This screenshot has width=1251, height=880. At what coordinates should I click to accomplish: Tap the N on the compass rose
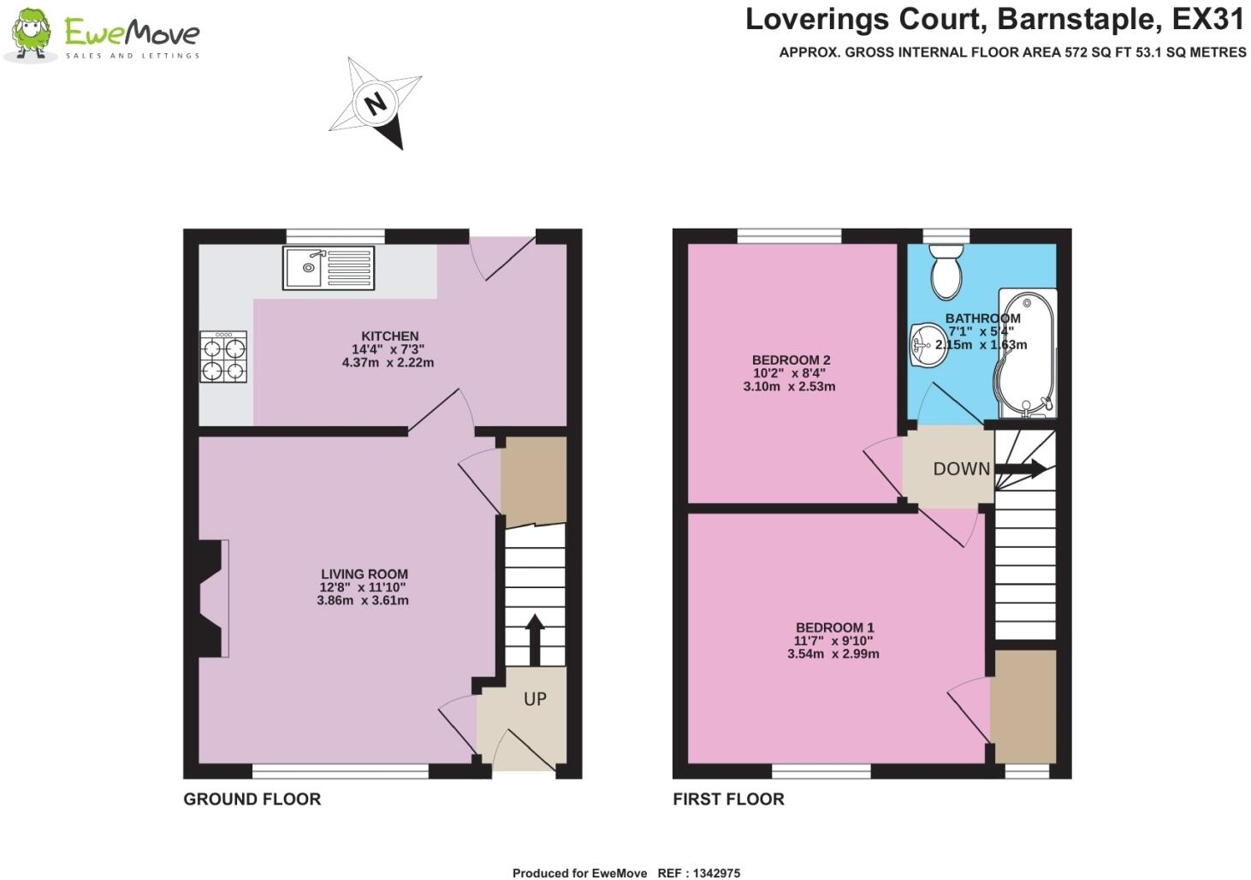click(x=375, y=104)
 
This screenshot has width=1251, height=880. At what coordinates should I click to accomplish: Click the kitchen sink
click(x=329, y=267)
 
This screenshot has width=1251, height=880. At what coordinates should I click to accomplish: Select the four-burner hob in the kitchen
click(x=223, y=357)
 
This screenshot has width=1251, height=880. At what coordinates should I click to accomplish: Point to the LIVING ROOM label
click(x=364, y=574)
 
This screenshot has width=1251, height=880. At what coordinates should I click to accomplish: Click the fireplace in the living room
click(x=213, y=598)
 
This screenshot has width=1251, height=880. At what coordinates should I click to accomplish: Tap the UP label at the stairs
click(x=535, y=699)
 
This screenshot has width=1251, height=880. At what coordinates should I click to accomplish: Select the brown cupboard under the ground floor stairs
click(x=533, y=479)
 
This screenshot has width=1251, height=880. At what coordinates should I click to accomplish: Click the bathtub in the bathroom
click(x=1027, y=355)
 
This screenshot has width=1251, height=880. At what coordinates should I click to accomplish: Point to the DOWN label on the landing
click(x=961, y=469)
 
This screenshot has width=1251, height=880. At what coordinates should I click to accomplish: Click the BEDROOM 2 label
click(x=791, y=360)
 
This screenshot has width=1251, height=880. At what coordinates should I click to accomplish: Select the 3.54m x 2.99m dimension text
click(x=833, y=654)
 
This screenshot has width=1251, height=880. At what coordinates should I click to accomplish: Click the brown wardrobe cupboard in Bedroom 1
click(x=1023, y=707)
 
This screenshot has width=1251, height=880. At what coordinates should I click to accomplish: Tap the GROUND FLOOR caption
click(x=252, y=800)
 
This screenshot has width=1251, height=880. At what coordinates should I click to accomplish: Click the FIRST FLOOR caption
click(x=728, y=800)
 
